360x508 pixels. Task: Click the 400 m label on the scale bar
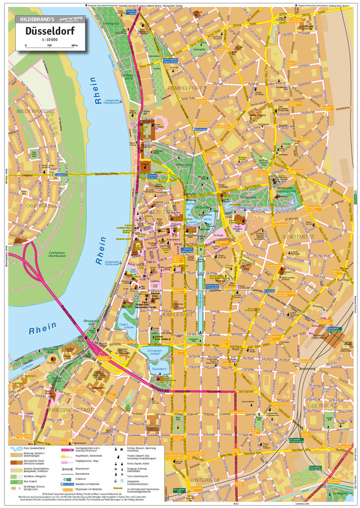pos(74,45)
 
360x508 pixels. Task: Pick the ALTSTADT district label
pos(160,212)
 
